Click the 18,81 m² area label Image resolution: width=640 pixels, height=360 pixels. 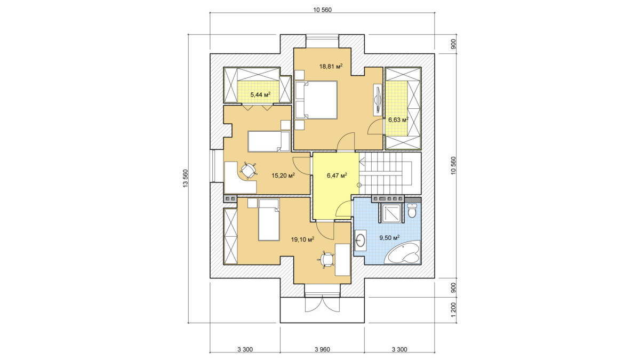(331, 67)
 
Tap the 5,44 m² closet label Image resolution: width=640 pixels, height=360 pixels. (260, 94)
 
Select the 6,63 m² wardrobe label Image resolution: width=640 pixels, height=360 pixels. (398, 119)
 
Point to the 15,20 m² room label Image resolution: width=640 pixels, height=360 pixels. (283, 175)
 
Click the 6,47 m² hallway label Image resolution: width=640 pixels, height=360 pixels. (337, 175)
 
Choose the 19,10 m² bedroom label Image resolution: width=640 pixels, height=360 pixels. (302, 239)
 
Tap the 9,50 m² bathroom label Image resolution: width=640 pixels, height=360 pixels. (389, 238)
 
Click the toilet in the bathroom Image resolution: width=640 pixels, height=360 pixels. (412, 210)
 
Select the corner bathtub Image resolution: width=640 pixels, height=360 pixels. (402, 252)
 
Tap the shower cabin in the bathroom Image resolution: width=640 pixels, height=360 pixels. (390, 213)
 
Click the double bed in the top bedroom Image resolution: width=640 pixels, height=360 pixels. (316, 100)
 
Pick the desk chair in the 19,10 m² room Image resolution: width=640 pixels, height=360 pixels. (325, 260)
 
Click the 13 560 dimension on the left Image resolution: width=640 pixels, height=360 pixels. (186, 179)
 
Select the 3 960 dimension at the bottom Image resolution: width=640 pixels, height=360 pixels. (322, 349)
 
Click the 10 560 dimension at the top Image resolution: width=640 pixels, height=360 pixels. (322, 10)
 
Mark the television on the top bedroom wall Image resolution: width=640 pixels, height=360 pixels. (378, 100)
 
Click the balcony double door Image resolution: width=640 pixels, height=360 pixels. (322, 305)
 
